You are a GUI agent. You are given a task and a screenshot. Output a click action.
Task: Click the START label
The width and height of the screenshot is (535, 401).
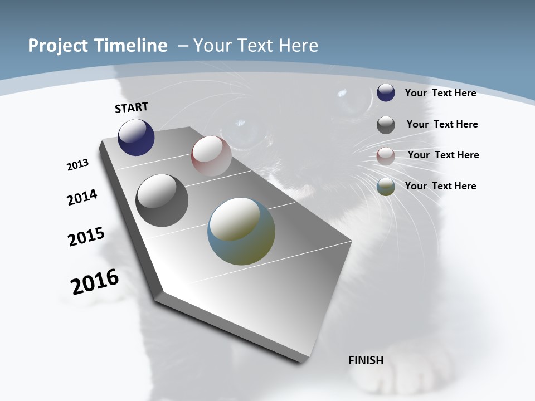132,107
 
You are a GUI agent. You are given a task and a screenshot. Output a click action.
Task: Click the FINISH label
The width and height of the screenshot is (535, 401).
366,360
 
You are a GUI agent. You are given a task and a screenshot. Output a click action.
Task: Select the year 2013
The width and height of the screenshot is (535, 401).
77,165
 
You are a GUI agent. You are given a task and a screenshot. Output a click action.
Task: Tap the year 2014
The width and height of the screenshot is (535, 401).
82,198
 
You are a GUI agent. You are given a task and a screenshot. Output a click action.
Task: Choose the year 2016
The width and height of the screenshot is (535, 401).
95,282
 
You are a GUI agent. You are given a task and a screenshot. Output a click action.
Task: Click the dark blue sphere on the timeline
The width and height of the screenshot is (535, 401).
136,138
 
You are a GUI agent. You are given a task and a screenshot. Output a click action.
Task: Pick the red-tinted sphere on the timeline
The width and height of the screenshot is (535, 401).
211,156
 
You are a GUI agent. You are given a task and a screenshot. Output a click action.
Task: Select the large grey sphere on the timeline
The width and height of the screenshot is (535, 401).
162,200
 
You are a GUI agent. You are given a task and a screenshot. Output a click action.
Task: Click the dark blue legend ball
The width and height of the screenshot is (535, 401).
386,93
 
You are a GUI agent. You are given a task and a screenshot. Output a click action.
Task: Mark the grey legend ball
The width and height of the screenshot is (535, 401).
386,125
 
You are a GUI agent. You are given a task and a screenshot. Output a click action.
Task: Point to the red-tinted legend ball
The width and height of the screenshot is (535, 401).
386,156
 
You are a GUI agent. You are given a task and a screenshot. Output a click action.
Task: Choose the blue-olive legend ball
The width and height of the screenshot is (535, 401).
386,187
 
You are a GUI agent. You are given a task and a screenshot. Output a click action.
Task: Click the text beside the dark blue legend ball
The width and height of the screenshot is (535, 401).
440,93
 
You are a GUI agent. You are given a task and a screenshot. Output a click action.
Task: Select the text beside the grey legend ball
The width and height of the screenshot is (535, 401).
442,124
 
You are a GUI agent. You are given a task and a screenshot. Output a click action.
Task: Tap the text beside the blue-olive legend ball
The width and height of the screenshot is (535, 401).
440,186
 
